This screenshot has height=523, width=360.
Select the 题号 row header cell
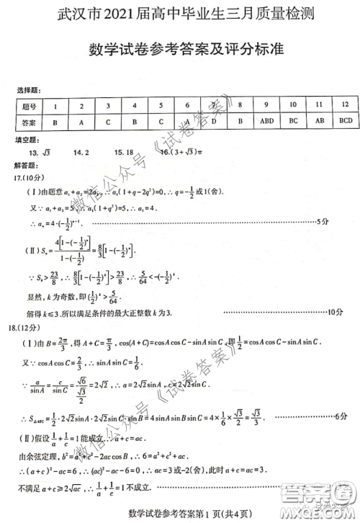[29, 106]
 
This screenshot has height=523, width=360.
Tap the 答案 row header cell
[29, 122]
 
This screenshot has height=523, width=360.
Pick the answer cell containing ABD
[266, 121]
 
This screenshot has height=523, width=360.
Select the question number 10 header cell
[293, 105]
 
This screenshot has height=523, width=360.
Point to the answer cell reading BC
[293, 121]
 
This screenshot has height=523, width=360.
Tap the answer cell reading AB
[319, 121]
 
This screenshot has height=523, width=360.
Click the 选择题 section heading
[30, 90]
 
